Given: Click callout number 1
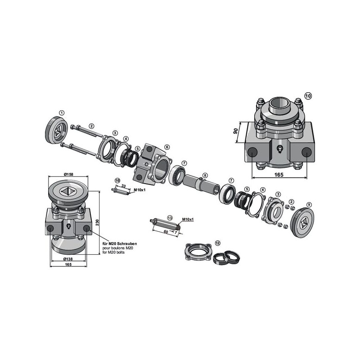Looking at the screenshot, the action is click(62, 113).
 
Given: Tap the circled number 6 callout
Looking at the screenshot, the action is click(167, 147).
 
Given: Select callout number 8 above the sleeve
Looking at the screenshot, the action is click(205, 175).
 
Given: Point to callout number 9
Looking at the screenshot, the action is click(309, 204).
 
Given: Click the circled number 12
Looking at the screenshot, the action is click(217, 243).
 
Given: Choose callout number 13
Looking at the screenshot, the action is click(170, 218).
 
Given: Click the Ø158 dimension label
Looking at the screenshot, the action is click(68, 174).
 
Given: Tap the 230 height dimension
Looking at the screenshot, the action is click(97, 222).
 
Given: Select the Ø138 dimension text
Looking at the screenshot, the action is click(68, 259).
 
